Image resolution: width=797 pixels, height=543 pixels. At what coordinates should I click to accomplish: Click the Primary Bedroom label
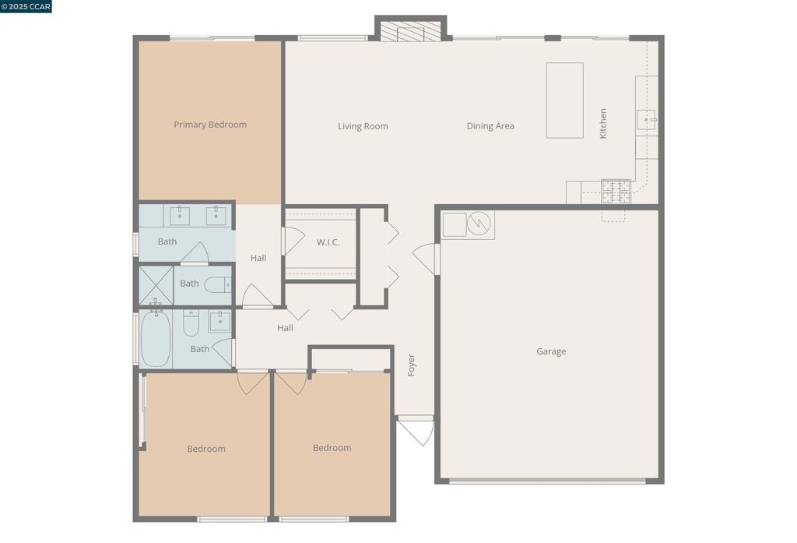click(x=210, y=125)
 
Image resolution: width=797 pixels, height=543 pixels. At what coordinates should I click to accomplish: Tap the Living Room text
click(x=363, y=126)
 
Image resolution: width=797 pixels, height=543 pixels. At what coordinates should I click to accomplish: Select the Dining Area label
click(x=490, y=126)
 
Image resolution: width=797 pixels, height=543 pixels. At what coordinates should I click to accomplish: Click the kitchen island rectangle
click(x=564, y=100)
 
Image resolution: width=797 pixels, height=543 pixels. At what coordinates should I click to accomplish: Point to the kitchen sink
click(x=646, y=120)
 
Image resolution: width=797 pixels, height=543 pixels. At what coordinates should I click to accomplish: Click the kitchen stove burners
click(x=616, y=192)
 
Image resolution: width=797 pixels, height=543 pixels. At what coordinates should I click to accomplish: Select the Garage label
click(x=551, y=351)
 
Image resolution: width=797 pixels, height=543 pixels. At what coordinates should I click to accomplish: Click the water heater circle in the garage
click(x=479, y=224)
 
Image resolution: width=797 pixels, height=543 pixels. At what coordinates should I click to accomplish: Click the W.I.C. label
click(x=328, y=242)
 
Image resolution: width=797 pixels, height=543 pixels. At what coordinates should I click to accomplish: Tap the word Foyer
click(x=412, y=365)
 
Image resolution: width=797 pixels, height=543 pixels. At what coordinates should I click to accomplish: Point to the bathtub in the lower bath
click(x=156, y=339)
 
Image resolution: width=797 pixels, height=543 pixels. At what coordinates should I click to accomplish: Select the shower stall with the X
click(x=156, y=285)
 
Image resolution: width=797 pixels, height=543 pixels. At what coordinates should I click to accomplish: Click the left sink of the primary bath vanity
click(x=180, y=216)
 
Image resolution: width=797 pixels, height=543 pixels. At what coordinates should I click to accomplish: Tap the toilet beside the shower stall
click(x=218, y=285)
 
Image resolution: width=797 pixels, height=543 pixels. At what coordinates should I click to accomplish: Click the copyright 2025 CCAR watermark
click(x=26, y=7)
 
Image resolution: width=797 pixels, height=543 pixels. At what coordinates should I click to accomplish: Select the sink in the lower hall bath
click(x=219, y=321)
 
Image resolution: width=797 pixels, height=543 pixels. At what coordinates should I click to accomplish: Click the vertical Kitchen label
click(x=603, y=123)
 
